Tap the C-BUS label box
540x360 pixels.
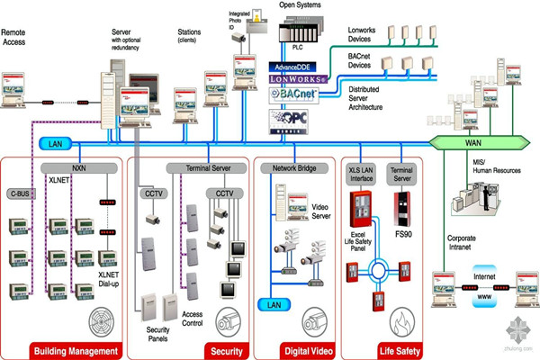(20, 192)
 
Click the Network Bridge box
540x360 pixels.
(289, 168)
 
